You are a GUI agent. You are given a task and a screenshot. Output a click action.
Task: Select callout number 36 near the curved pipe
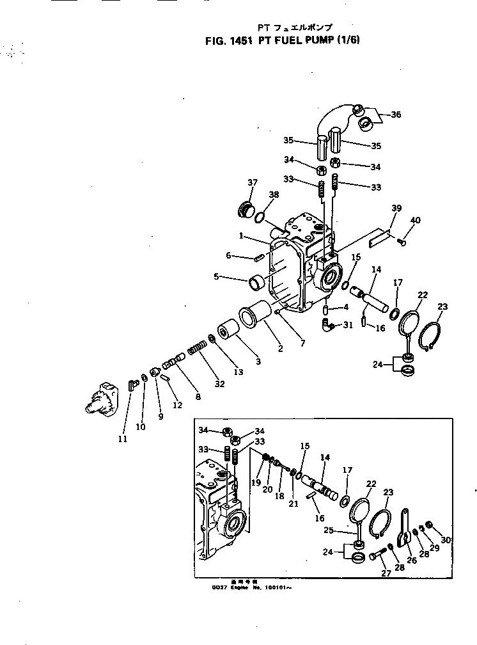click(x=396, y=115)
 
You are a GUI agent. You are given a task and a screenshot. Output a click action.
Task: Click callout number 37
click(x=251, y=183)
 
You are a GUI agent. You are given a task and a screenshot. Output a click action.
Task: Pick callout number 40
click(x=415, y=221)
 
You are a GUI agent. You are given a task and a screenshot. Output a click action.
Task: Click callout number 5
click(x=217, y=278)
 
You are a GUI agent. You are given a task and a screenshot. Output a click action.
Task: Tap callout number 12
click(x=178, y=404)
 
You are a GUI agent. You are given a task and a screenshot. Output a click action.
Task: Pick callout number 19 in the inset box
click(x=256, y=484)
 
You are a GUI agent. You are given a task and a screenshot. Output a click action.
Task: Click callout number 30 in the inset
click(x=446, y=540)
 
